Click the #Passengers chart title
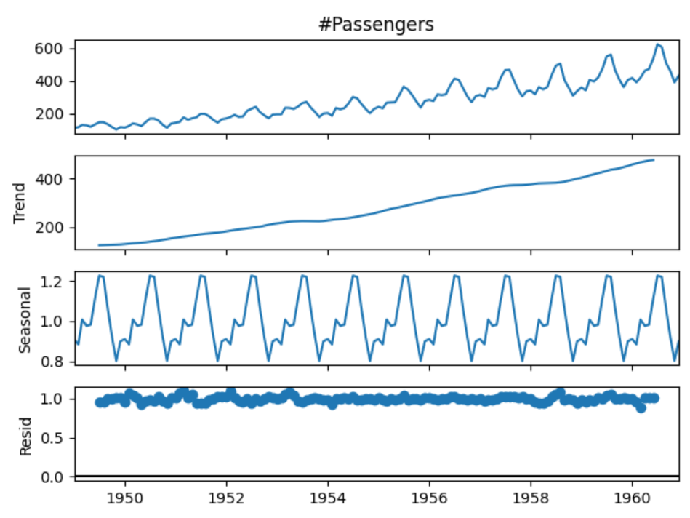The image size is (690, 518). coord(377,24)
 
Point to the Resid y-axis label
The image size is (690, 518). coord(25,435)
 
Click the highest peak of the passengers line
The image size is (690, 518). coord(657,44)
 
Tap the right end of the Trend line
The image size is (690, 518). coord(654,159)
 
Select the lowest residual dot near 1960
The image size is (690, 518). coord(641,408)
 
